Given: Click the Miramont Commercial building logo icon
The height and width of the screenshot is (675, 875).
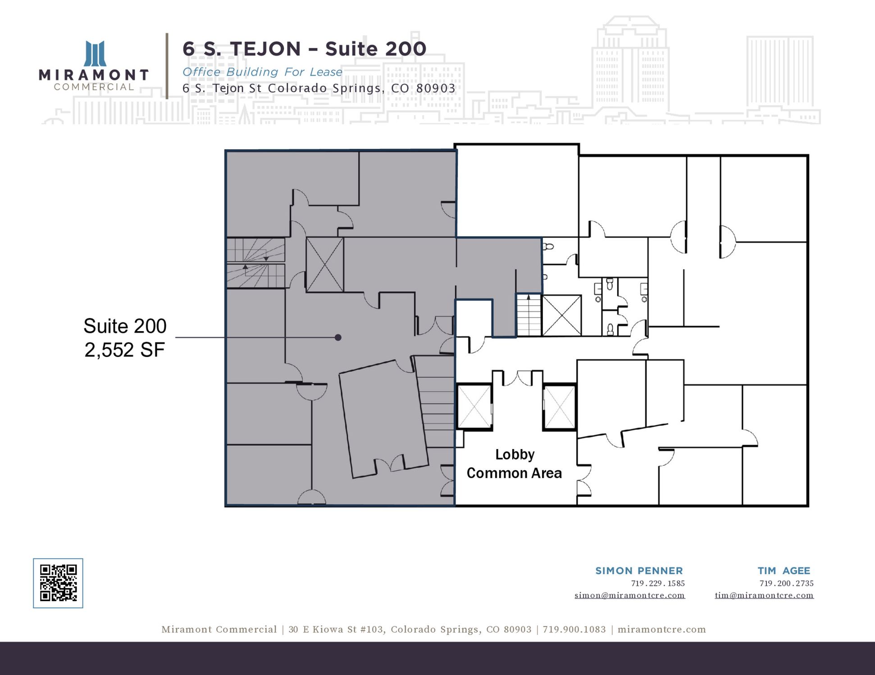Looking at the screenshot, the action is pyautogui.click(x=95, y=54).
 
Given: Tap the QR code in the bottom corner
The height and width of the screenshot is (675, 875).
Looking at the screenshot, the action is pyautogui.click(x=58, y=583).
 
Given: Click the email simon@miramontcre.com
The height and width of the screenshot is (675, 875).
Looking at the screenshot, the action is pyautogui.click(x=629, y=595).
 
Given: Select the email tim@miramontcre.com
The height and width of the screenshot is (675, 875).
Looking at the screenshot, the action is pyautogui.click(x=764, y=595).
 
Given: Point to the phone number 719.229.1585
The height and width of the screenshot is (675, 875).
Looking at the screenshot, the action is pyautogui.click(x=658, y=583).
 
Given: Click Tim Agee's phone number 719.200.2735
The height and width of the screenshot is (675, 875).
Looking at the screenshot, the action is pyautogui.click(x=787, y=583).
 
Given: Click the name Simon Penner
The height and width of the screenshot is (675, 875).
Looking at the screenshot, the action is pyautogui.click(x=639, y=571).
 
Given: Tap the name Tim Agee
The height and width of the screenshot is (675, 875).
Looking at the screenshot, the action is pyautogui.click(x=784, y=571).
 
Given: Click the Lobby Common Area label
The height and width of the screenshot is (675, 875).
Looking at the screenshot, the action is pyautogui.click(x=515, y=463).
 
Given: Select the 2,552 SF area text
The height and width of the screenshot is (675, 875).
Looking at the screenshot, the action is pyautogui.click(x=125, y=350).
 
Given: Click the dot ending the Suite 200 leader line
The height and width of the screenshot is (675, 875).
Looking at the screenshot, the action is pyautogui.click(x=338, y=337).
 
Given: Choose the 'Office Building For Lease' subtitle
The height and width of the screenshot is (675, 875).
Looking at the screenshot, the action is pyautogui.click(x=262, y=72).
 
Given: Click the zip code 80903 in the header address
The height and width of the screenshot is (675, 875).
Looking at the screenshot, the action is pyautogui.click(x=436, y=88).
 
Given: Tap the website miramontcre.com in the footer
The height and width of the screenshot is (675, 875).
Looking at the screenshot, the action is pyautogui.click(x=661, y=630).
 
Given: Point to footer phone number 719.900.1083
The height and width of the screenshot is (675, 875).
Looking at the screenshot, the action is pyautogui.click(x=574, y=630).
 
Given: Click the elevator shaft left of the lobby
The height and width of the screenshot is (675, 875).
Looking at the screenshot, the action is pyautogui.click(x=474, y=407).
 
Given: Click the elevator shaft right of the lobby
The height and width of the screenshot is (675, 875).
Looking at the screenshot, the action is pyautogui.click(x=559, y=407).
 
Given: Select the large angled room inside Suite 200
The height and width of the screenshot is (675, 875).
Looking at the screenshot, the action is pyautogui.click(x=383, y=418).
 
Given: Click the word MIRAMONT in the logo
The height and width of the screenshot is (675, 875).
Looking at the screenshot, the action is pyautogui.click(x=94, y=75).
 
